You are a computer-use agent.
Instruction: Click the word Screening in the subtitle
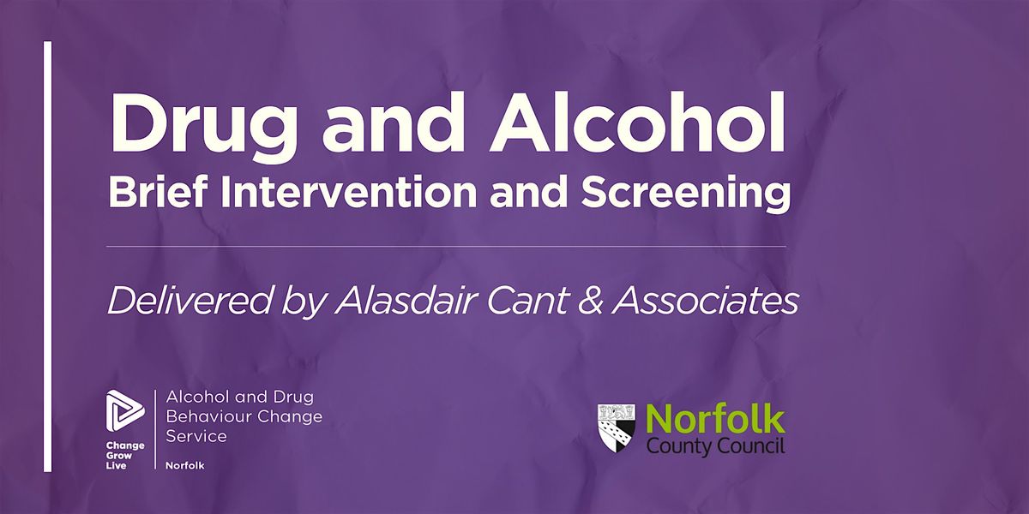686,194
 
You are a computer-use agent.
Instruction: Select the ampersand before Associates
589,302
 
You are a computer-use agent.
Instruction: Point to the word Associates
705,302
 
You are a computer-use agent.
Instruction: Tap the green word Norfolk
715,420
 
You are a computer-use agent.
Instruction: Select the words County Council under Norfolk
715,446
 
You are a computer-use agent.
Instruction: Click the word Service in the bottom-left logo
196,436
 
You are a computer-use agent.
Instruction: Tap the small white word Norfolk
184,465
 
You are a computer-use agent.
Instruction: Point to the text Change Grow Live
125,456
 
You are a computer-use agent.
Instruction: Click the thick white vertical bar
47,256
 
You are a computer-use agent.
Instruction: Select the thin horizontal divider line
446,247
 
